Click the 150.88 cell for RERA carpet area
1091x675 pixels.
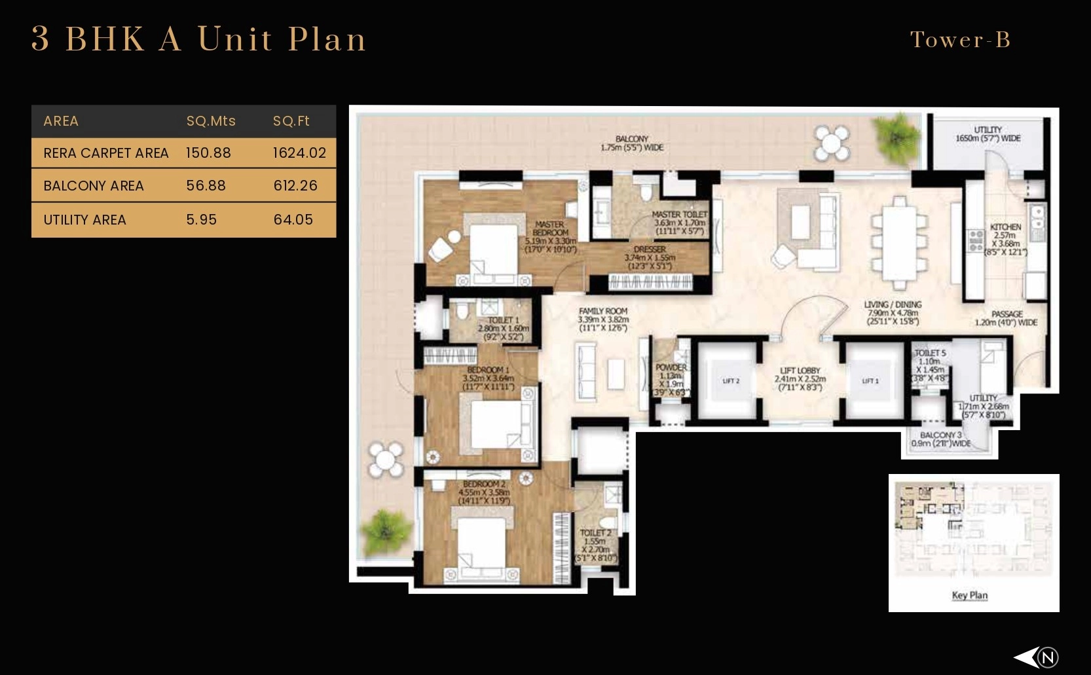click(x=208, y=153)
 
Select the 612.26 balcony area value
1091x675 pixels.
click(x=295, y=186)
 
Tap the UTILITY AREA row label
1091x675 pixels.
click(x=84, y=220)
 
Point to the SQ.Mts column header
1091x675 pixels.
click(x=211, y=121)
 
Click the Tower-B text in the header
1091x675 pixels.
click(x=960, y=40)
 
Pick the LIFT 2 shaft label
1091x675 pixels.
click(x=731, y=381)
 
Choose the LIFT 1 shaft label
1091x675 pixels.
click(x=870, y=381)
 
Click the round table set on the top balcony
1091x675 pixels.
click(x=832, y=144)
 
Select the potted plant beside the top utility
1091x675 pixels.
click(x=898, y=133)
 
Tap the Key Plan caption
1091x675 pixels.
click(x=970, y=595)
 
